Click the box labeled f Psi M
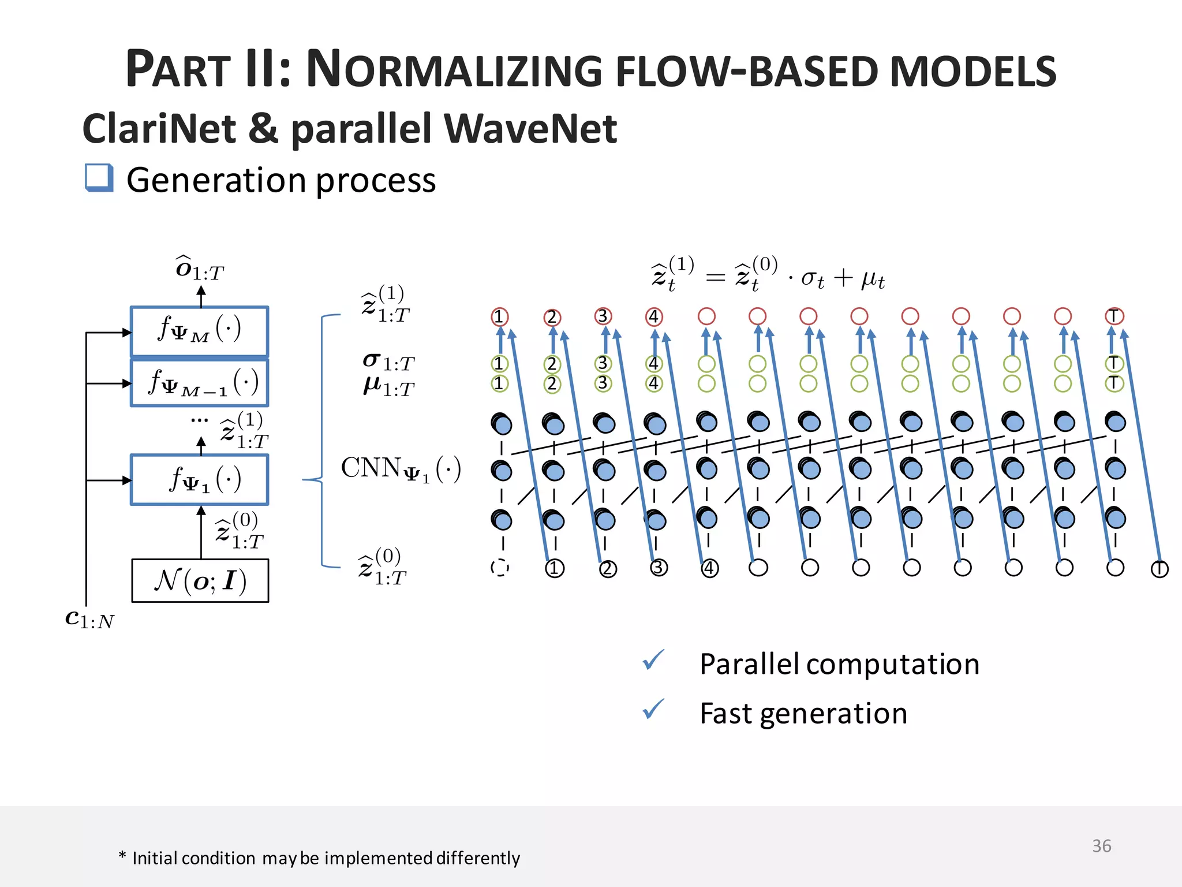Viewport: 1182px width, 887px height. click(x=199, y=331)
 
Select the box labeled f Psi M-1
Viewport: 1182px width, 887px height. click(x=199, y=382)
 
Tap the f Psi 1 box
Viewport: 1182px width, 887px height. click(x=199, y=479)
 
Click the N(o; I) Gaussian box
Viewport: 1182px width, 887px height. click(x=200, y=580)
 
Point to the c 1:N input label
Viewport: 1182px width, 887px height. click(x=89, y=619)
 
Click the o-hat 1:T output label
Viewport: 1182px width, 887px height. click(x=199, y=269)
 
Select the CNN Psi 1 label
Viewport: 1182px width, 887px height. click(x=401, y=469)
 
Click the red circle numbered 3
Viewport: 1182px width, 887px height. click(x=603, y=316)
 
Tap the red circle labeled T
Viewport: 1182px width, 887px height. click(x=1114, y=316)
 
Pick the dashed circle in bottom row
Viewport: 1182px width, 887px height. click(x=500, y=568)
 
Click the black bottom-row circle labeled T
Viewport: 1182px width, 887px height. click(x=1159, y=569)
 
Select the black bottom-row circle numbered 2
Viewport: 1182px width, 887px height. click(x=607, y=569)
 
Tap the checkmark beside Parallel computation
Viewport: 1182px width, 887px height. click(x=653, y=660)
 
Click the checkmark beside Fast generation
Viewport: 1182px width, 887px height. click(x=653, y=709)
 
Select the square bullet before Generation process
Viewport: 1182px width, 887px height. click(x=99, y=177)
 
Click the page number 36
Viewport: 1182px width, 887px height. click(x=1101, y=846)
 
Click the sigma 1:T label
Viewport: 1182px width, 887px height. click(x=388, y=362)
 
